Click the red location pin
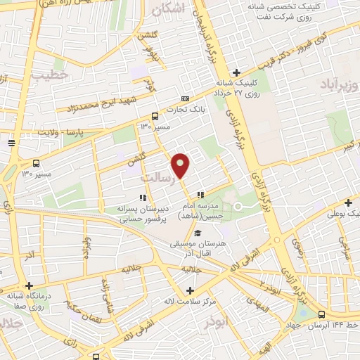[181, 165]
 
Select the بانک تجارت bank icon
[185, 98]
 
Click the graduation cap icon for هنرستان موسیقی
[198, 233]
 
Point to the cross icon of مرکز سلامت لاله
[189, 290]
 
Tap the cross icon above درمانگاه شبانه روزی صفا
[29, 286]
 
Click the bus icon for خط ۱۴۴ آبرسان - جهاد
[321, 314]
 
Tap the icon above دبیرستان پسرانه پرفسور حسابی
[143, 198]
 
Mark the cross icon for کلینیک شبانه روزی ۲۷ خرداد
[237, 72]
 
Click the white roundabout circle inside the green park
[238, 205]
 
